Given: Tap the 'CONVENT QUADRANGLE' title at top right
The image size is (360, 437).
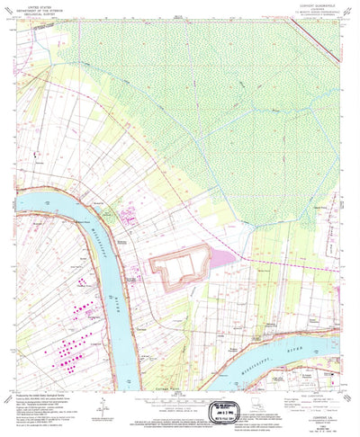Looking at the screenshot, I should click(317, 4).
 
